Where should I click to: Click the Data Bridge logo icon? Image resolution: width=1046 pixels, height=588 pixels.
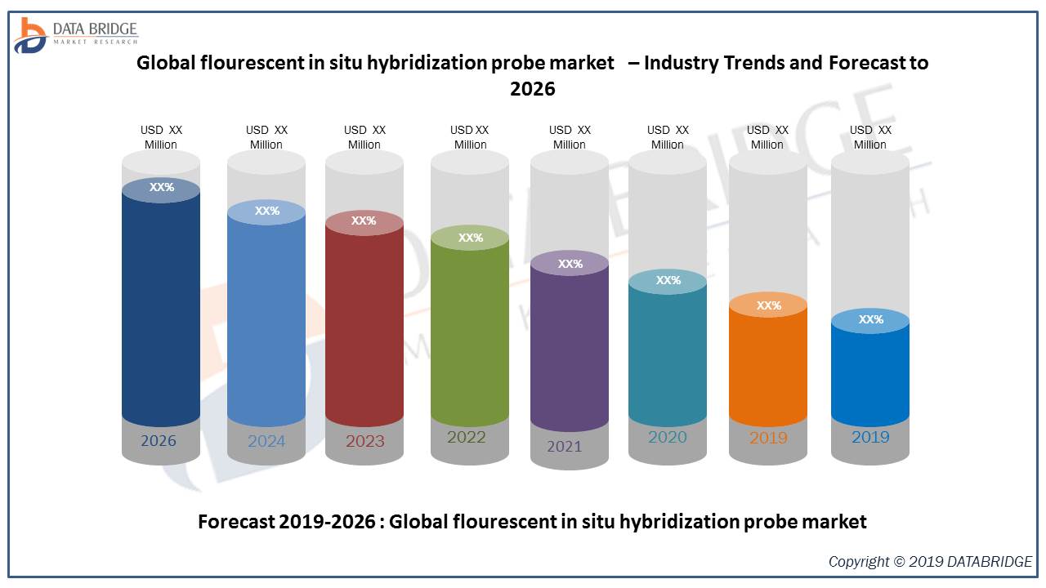click(x=30, y=34)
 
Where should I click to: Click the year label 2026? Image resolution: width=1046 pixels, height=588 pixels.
click(x=159, y=441)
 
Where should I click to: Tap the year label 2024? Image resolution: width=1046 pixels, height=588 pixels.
click(x=266, y=442)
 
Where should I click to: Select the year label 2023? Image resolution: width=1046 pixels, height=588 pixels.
click(x=364, y=442)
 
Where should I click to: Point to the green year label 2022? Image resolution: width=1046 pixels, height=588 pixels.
click(x=467, y=437)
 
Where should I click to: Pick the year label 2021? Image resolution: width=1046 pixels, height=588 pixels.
click(x=565, y=447)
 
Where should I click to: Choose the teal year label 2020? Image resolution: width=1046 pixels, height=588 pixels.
click(x=668, y=437)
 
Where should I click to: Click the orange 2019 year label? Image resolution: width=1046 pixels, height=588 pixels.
click(x=768, y=438)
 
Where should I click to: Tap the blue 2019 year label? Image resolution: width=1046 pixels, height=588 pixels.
click(x=870, y=437)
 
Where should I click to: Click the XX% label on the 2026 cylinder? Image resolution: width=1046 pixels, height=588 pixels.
click(x=162, y=187)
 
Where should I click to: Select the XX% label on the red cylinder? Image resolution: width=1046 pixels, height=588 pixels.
click(x=364, y=220)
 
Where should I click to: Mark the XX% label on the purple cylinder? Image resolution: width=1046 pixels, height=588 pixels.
click(x=570, y=264)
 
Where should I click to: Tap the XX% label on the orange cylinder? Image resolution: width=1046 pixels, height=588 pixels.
click(x=769, y=305)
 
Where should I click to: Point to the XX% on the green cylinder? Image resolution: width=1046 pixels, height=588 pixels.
click(x=471, y=238)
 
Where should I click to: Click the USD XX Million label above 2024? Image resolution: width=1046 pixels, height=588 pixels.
click(x=266, y=137)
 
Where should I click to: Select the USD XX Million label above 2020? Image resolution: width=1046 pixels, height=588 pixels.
click(x=668, y=137)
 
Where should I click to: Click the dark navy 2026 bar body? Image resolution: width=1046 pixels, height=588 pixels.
click(x=161, y=310)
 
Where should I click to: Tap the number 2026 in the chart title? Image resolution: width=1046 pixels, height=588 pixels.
click(x=532, y=88)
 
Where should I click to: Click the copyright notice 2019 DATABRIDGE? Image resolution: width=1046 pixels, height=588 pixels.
click(x=930, y=562)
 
